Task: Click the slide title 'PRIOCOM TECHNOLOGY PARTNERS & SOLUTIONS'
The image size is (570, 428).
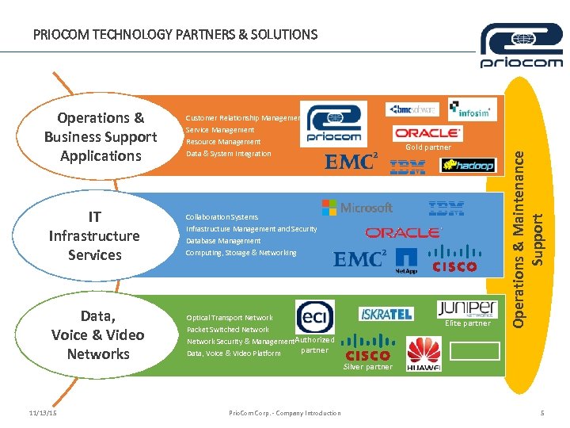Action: coord(175,35)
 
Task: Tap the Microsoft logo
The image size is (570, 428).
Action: coord(357,208)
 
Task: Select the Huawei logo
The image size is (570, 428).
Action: coord(424,354)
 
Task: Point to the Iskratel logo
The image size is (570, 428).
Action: coord(386,314)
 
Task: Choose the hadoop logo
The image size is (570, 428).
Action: coord(468,165)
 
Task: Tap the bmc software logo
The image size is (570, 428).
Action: coord(412,109)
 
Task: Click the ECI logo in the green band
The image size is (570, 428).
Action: coord(314,317)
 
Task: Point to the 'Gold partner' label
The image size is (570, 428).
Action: coord(428,147)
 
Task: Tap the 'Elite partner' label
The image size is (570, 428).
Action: coord(468,323)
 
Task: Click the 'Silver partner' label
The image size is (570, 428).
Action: coord(368,367)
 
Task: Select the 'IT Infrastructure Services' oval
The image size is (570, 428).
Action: coord(94,235)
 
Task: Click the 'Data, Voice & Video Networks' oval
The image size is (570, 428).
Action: coord(98,334)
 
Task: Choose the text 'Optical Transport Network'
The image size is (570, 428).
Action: coord(230,318)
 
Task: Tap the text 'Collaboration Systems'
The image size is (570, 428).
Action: coord(222,217)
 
